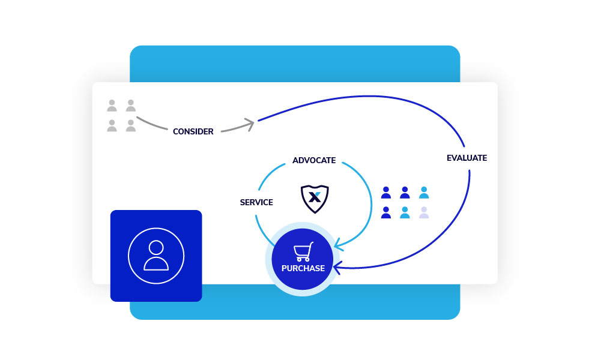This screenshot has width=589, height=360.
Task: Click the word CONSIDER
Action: click(x=193, y=131)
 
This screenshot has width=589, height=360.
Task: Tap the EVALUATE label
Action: click(x=467, y=158)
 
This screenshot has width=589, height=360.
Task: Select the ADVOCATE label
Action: click(x=314, y=161)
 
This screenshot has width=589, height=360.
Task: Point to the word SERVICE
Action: click(x=256, y=203)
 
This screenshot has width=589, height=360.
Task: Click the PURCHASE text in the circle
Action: click(x=303, y=268)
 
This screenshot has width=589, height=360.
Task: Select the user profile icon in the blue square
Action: click(x=156, y=255)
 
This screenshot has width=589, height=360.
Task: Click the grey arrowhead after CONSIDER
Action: click(x=249, y=124)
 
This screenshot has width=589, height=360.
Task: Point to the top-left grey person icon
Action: click(x=112, y=106)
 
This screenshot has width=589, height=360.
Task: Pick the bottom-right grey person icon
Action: click(x=130, y=125)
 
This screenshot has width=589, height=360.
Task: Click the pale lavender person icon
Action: click(x=424, y=212)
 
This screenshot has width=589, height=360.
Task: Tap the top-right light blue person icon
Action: click(x=424, y=193)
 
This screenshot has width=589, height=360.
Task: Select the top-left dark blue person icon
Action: click(x=386, y=193)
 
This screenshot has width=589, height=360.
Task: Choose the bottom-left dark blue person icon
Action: click(x=386, y=212)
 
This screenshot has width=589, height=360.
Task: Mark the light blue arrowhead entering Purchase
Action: click(x=337, y=244)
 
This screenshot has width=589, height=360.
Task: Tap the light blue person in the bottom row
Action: click(x=405, y=212)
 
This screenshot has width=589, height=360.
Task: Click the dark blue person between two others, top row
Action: click(x=405, y=193)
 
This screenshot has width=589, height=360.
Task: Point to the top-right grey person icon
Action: click(x=130, y=106)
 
